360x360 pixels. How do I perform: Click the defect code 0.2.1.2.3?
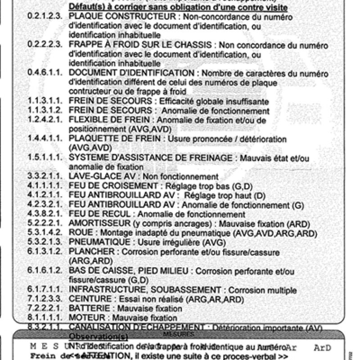click(x=45, y=17)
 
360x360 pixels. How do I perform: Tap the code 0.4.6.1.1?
click(x=45, y=74)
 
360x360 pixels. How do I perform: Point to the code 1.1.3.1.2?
click(x=45, y=111)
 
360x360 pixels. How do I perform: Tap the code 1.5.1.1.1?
click(x=45, y=157)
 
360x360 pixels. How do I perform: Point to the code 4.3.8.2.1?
click(x=45, y=214)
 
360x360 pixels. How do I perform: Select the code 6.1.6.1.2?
click(x=45, y=271)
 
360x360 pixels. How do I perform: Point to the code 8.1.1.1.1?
click(x=45, y=318)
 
